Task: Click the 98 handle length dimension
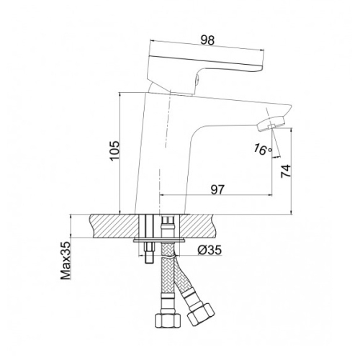(x=207, y=40)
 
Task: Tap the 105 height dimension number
(x=114, y=151)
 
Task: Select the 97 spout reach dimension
(x=217, y=190)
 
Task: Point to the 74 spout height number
(x=286, y=171)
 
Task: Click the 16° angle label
(x=263, y=149)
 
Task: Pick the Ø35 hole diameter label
(x=210, y=251)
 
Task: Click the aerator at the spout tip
(x=271, y=123)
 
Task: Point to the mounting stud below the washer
(x=148, y=253)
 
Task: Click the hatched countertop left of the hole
(x=112, y=226)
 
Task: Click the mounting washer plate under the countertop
(x=159, y=240)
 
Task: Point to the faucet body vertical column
(x=161, y=153)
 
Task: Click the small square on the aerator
(x=271, y=127)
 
